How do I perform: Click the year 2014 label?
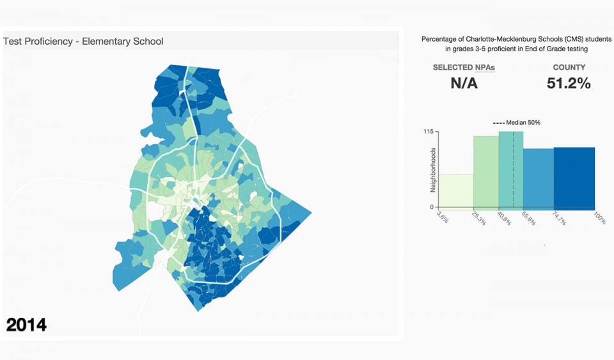click(x=26, y=324)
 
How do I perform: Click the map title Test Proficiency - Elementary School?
click(x=83, y=42)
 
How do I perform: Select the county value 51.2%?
click(x=569, y=83)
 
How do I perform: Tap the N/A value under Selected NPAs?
click(x=464, y=83)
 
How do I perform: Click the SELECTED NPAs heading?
click(x=464, y=67)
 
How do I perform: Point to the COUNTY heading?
click(x=569, y=67)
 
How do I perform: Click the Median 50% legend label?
click(x=521, y=123)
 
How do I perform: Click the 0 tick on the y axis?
click(x=431, y=207)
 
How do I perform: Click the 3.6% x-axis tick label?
click(x=442, y=217)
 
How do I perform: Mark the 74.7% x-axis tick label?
click(x=559, y=219)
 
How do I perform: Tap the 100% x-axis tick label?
click(x=599, y=218)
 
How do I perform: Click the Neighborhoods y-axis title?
click(x=433, y=170)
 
